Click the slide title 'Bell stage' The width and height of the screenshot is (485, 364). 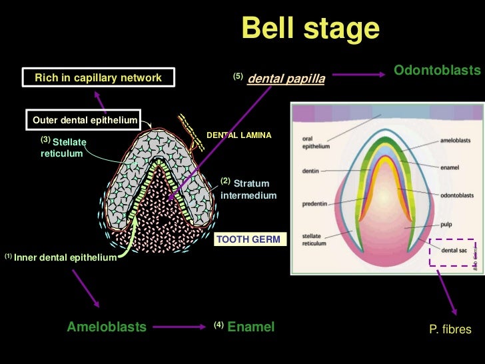pos(310,29)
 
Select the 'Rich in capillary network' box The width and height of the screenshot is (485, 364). pos(98,78)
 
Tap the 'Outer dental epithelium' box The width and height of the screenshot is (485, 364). pos(85,121)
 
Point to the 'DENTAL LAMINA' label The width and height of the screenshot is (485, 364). pos(239,135)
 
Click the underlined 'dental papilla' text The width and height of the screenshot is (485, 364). pos(286,79)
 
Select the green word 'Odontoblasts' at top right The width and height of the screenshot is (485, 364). pos(437,70)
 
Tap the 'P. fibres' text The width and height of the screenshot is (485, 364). pos(451,329)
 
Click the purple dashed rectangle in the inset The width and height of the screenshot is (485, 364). pos(456,251)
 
